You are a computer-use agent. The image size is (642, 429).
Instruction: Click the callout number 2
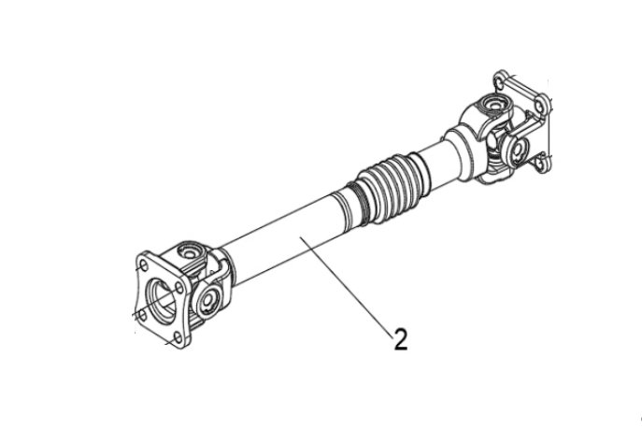[401, 339]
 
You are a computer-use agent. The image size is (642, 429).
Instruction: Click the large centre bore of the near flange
[163, 300]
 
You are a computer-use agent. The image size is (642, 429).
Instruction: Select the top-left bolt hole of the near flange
[143, 265]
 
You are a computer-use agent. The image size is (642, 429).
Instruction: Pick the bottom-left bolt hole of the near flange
[142, 315]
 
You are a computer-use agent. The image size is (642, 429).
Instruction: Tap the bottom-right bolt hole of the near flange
[178, 337]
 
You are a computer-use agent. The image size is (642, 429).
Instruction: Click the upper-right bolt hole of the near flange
[178, 289]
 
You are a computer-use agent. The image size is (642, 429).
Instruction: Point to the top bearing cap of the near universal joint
[189, 252]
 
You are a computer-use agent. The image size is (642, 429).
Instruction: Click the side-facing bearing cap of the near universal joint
[208, 300]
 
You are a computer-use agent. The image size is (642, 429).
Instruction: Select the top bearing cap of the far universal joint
[494, 103]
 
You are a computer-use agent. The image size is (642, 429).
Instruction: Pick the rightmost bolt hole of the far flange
[540, 106]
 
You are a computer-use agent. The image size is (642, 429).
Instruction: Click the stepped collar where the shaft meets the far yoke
[460, 152]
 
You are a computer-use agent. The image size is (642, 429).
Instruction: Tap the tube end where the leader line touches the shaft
[300, 236]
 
